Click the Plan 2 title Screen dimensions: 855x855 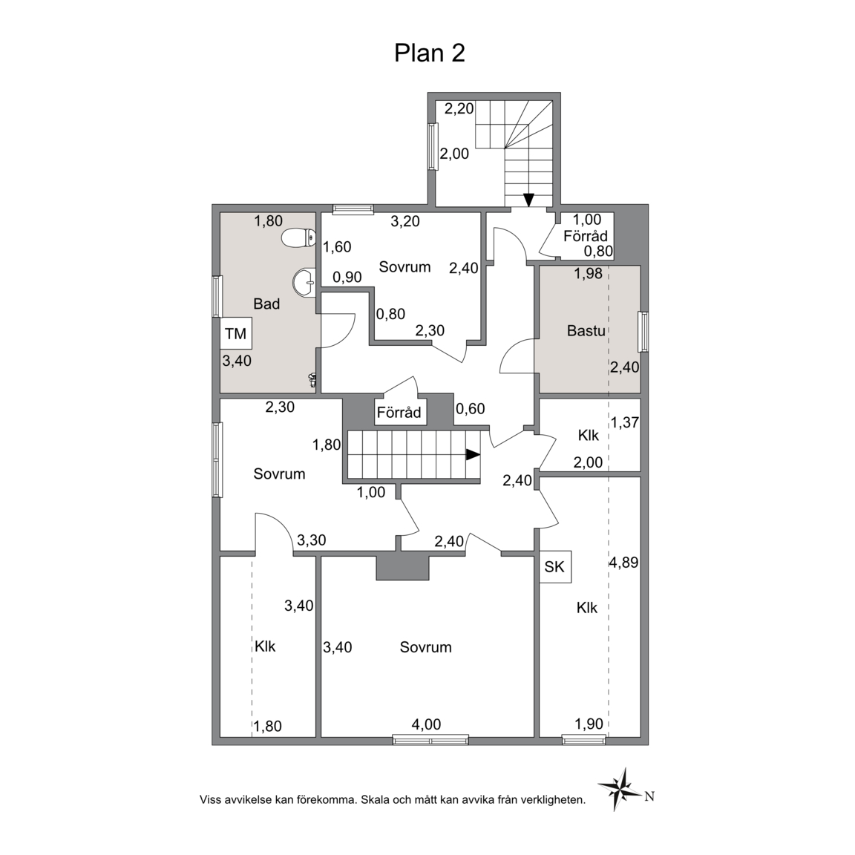point(430,53)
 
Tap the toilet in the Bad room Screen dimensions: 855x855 point(298,237)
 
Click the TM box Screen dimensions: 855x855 point(236,333)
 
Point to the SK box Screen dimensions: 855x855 point(555,567)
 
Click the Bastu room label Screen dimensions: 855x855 point(586,330)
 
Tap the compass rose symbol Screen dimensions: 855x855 point(619,788)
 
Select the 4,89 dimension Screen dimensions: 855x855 point(623,562)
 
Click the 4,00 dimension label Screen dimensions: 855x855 point(426,724)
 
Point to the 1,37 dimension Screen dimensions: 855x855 point(625,422)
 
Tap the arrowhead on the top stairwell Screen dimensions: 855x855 point(528,200)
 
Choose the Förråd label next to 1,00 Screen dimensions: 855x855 point(586,236)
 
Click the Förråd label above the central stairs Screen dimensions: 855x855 point(399,412)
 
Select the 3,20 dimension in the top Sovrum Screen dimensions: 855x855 point(405,221)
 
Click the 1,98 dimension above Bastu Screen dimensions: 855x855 point(589,274)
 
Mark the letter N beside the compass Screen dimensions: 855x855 point(649,796)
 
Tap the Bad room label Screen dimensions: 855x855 point(266,304)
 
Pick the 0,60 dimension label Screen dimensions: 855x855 point(470,408)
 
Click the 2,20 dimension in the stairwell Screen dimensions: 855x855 point(459,109)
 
